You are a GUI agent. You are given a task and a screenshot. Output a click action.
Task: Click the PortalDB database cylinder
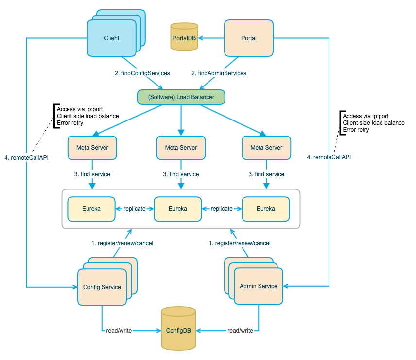(184, 37)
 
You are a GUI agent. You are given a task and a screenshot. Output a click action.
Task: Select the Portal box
(248, 38)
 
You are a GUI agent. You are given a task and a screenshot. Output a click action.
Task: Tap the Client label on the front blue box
(111, 38)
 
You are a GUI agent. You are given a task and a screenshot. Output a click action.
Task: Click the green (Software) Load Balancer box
(181, 97)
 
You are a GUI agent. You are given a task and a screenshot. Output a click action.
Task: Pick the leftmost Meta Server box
(92, 147)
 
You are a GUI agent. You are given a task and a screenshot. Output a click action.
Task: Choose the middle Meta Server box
(181, 147)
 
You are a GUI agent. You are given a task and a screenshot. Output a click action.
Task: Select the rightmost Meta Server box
(266, 147)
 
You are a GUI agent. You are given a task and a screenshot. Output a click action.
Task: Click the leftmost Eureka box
(91, 208)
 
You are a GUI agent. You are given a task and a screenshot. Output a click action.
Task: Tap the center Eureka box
(177, 208)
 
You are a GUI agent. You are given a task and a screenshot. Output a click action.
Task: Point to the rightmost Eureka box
(266, 208)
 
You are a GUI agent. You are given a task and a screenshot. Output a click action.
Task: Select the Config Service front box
(102, 287)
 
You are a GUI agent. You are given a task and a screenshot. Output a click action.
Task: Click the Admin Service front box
(258, 286)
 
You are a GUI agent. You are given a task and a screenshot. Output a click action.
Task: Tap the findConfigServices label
(142, 73)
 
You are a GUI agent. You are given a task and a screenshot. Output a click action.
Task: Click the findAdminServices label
(219, 73)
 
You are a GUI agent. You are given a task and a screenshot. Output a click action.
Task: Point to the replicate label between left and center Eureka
(134, 208)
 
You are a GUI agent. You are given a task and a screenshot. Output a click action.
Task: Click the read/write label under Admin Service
(240, 331)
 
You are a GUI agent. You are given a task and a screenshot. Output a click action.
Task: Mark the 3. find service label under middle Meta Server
(181, 174)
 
